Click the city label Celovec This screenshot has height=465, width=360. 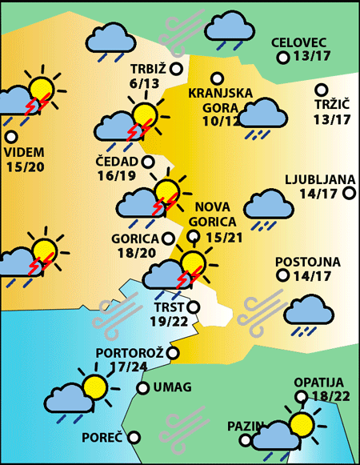pos(298,42)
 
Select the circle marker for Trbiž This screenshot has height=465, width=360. pos(176,69)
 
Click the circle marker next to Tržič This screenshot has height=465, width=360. pos(322,90)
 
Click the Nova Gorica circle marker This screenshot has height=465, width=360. pos(193,235)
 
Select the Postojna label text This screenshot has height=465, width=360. pos(308,262)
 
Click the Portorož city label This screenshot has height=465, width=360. pos(130,353)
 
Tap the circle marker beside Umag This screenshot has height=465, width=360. pos(142,388)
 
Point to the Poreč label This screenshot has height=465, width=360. pos(102,438)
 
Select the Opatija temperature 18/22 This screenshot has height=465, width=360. pos(318,396)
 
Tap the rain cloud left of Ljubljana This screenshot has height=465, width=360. pos(267,206)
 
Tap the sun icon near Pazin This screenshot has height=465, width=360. pos(302,424)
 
